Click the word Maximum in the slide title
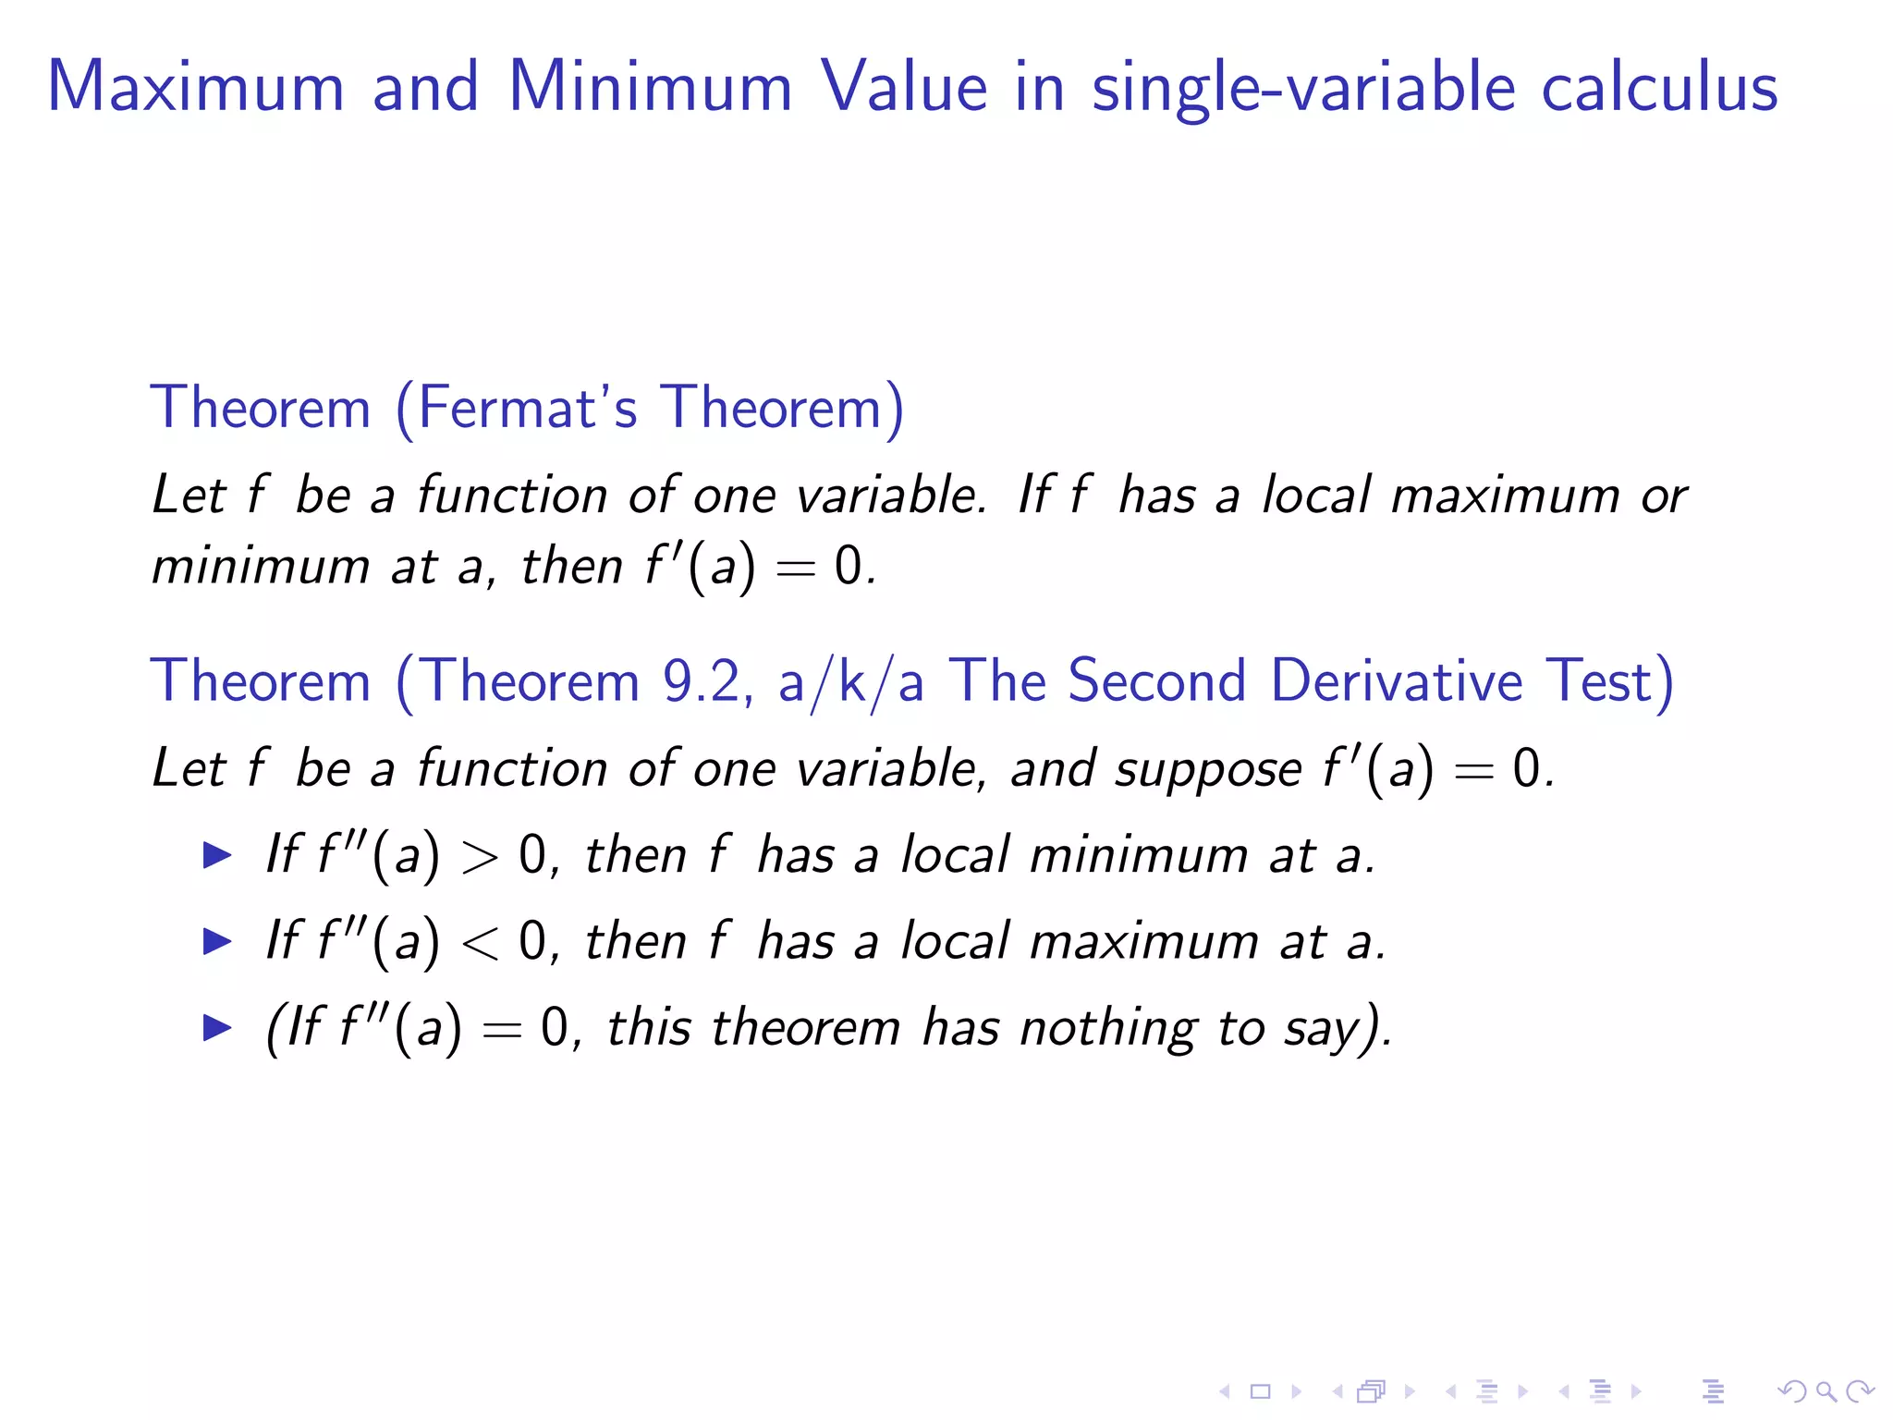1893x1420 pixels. pos(196,87)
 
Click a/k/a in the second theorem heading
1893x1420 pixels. pos(850,682)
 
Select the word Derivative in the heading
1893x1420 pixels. pos(1396,681)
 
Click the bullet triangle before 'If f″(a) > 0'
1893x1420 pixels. pos(217,854)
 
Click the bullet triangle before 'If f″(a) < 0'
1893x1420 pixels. pos(217,941)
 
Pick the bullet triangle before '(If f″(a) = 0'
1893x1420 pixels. pos(217,1027)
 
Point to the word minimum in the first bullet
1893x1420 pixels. pos(1139,855)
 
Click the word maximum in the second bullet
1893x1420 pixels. pos(1143,942)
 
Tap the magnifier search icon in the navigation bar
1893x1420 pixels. pos(1825,1390)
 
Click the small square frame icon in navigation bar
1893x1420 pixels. pos(1260,1390)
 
